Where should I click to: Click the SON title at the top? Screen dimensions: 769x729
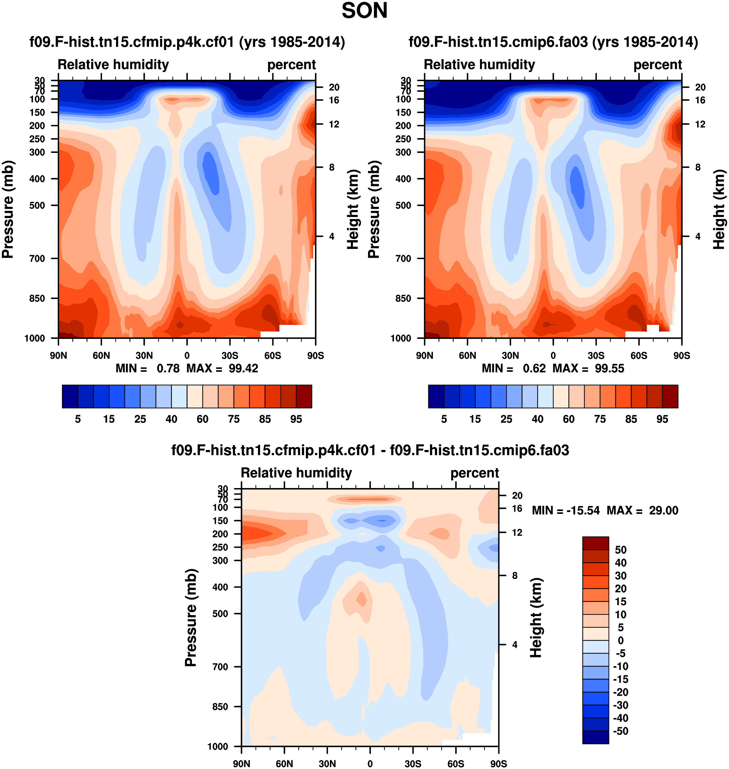click(364, 11)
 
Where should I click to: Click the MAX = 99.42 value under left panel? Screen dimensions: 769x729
click(222, 368)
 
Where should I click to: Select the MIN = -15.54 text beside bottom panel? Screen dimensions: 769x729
click(565, 510)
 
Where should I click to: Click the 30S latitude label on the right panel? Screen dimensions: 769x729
click(596, 355)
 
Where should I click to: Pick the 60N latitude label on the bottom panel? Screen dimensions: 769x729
click(285, 764)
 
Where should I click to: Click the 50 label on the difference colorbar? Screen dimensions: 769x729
click(621, 550)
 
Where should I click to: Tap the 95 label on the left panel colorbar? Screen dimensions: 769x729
click(296, 419)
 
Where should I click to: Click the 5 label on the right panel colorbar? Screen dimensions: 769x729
click(444, 419)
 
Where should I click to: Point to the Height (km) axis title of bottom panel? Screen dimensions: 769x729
click(536, 617)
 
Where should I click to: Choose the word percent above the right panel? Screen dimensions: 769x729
click(657, 65)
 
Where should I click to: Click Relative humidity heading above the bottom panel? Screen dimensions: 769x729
click(296, 473)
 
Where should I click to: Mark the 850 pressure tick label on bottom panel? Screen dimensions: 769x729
click(220, 706)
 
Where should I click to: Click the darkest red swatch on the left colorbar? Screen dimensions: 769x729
click(304, 396)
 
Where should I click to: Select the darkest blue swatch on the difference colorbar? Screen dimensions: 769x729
click(595, 737)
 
